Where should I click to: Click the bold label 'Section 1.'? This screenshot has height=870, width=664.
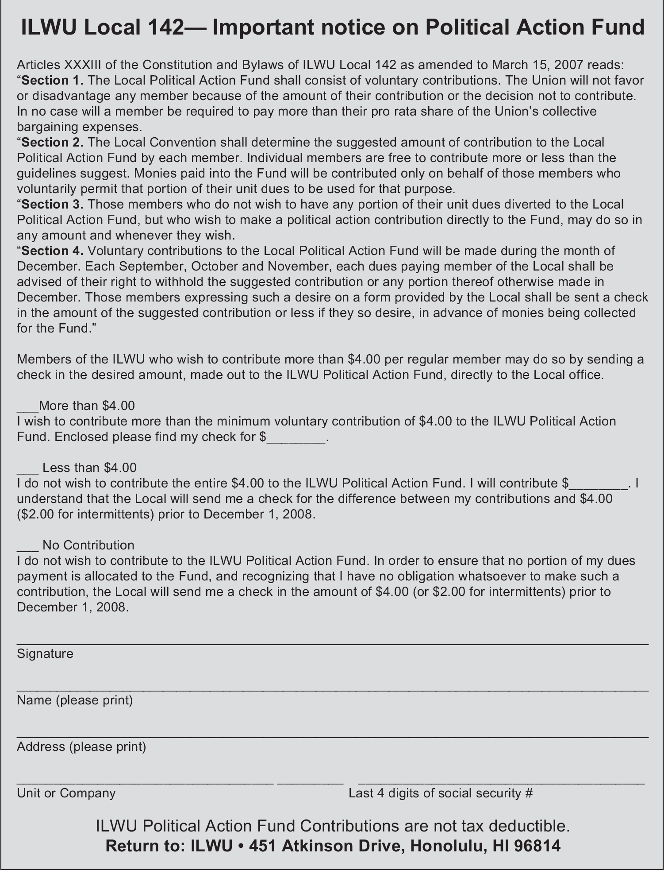(x=52, y=81)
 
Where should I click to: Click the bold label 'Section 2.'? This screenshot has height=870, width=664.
(x=52, y=143)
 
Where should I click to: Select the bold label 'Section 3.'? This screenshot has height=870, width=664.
(x=52, y=205)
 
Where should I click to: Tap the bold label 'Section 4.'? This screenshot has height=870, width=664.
(x=52, y=251)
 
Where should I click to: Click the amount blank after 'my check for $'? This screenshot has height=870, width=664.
(x=296, y=438)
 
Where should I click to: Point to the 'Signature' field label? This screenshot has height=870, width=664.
(x=45, y=653)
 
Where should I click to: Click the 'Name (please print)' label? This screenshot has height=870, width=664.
(x=75, y=700)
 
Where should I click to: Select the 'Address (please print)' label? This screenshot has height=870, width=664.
(x=81, y=746)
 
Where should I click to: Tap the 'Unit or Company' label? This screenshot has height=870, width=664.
(x=66, y=793)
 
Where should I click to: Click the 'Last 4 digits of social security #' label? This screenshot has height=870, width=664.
(x=441, y=793)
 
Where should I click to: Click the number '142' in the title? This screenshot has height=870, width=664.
(x=163, y=27)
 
